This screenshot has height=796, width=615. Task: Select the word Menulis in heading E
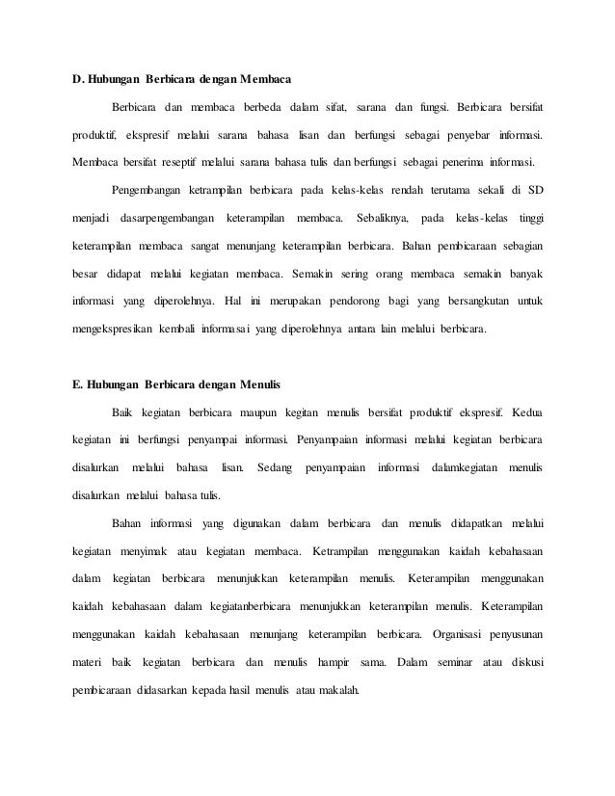(253, 385)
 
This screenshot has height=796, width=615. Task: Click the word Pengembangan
(153, 188)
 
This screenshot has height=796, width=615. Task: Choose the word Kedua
(525, 413)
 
